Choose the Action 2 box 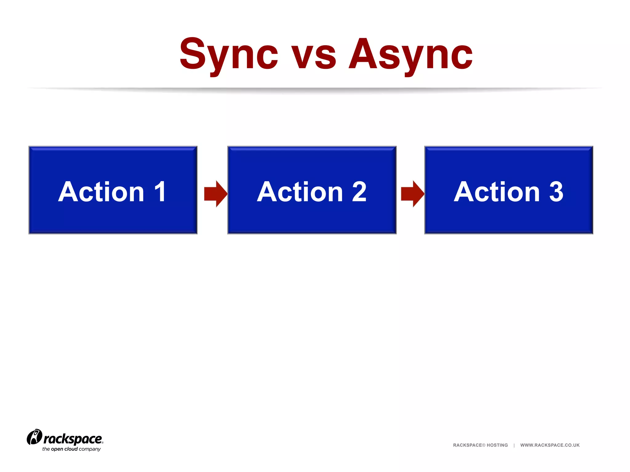[x=312, y=215]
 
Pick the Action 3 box [x=509, y=215]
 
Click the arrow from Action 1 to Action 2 [x=216, y=194]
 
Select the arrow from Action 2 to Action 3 [x=413, y=194]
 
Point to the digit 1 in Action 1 [x=160, y=192]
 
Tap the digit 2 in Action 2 [x=359, y=192]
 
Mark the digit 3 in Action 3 [x=556, y=192]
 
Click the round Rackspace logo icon [x=34, y=437]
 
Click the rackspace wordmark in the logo [x=73, y=439]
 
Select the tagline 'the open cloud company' [x=71, y=449]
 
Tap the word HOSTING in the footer [x=497, y=445]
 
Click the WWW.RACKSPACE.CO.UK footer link [x=550, y=445]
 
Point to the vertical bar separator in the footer [x=514, y=445]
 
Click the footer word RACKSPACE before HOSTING [x=467, y=445]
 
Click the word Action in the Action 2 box [x=300, y=192]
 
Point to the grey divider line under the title [x=315, y=89]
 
